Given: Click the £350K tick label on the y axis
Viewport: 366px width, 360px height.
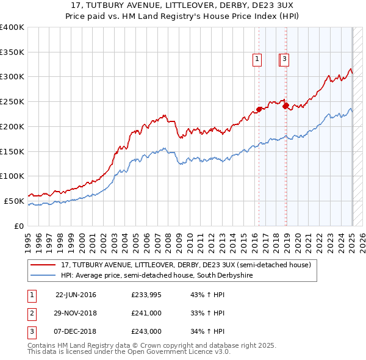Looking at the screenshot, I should pos(12,52).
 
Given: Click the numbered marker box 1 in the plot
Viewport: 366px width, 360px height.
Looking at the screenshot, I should pos(257,59).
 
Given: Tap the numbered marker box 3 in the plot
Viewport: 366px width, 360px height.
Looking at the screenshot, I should pos(285,59).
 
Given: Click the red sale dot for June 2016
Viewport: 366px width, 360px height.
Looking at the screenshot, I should pos(259,109).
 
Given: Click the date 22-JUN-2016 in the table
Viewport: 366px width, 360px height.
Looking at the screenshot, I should pos(76,295).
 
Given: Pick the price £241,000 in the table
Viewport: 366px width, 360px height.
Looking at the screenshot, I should pos(146,314).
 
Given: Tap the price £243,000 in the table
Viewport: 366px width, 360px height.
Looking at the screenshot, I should pos(146,332).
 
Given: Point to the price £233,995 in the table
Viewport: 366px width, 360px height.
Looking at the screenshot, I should pos(146,295).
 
